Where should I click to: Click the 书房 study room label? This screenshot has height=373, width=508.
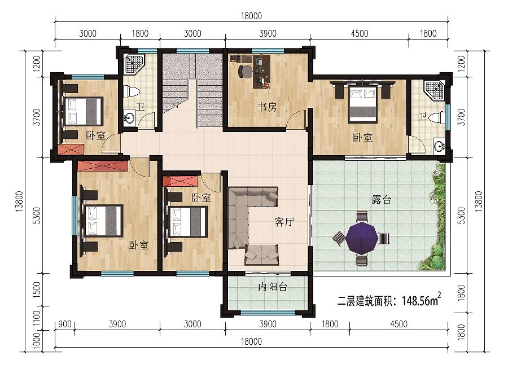coord(268,107)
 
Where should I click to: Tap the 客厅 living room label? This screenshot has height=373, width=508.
coord(284,222)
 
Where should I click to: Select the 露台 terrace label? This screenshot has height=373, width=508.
coord(382,200)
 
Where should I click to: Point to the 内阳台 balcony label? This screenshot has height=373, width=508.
coord(273,287)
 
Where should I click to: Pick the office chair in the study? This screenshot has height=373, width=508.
coord(245,71)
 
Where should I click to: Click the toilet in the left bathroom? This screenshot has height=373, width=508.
coord(133,91)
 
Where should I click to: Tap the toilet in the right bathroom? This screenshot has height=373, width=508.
coord(439,117)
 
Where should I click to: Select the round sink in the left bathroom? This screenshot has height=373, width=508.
coord(130,117)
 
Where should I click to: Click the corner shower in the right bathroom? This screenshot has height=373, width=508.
coord(434,90)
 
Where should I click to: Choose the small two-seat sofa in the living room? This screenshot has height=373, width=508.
coord(261,254)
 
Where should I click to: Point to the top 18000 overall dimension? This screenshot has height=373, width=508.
coord(251,16)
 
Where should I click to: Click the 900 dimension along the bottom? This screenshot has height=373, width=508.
coord(65,324)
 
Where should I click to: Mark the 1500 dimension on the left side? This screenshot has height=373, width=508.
coord(37,290)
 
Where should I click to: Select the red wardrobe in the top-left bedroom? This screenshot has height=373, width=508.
coord(72,150)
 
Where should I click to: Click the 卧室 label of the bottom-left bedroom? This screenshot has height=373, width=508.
coord(139,245)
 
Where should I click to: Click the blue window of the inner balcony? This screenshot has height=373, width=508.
coord(268,313)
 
